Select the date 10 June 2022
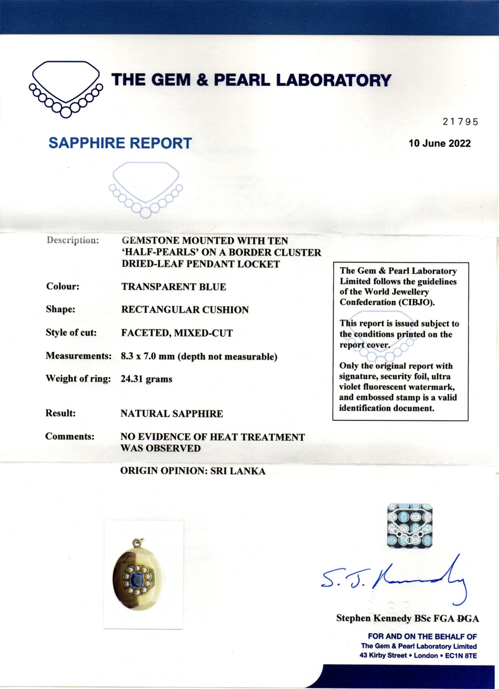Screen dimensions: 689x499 pos(439,143)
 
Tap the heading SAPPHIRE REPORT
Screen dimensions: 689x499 pos(120,143)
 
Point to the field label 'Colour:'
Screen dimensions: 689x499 pos(63,287)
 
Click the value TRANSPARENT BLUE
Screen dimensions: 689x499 pos(174,287)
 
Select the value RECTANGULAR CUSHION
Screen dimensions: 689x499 pos(185,310)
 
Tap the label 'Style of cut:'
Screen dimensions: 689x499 pos(71,333)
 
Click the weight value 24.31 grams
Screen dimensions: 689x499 pos(146,379)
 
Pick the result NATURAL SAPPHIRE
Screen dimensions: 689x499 pos(172,413)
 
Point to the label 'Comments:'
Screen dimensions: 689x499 pos(70,436)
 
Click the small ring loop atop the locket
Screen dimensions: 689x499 pos(136,543)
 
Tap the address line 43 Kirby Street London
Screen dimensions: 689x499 pos(419,656)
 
